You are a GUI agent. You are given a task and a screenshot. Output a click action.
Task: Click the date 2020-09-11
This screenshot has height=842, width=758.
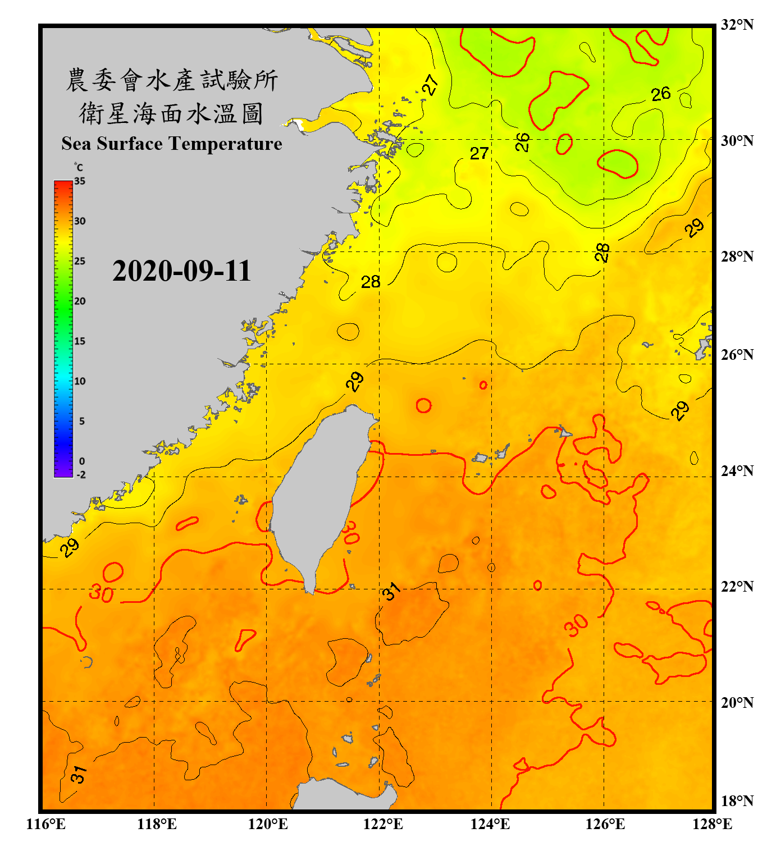(181, 271)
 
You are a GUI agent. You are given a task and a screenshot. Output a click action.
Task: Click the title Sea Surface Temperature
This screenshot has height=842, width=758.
(172, 144)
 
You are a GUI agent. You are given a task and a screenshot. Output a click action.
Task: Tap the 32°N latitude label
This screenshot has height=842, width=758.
(737, 25)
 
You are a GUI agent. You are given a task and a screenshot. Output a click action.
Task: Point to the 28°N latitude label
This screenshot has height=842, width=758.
(737, 257)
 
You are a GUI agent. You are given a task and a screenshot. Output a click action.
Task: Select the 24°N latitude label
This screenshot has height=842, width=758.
(737, 471)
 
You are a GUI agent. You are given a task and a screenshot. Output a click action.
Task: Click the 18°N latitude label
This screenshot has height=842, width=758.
(737, 801)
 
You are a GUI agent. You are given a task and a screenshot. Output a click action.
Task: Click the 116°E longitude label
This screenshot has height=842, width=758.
(45, 824)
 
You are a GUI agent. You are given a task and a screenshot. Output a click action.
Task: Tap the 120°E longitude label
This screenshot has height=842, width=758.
(268, 824)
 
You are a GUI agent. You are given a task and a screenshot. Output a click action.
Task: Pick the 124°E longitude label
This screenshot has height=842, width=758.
(490, 824)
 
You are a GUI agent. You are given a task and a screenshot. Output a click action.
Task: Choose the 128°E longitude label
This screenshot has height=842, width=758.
(712, 824)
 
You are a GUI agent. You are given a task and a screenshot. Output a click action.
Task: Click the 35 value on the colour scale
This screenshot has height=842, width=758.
(80, 181)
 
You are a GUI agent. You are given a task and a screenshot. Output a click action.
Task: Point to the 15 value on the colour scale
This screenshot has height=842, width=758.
(80, 341)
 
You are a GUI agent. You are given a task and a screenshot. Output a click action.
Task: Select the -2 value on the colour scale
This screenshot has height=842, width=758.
(81, 475)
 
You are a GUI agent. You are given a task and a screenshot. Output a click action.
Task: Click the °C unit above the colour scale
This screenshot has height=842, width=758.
(79, 167)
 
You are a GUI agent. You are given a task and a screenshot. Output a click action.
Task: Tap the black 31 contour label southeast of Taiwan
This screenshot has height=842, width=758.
(391, 591)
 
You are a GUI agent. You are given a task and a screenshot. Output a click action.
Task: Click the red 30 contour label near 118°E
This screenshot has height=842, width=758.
(102, 593)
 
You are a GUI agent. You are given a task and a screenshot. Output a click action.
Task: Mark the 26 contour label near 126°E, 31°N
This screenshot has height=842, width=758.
(661, 94)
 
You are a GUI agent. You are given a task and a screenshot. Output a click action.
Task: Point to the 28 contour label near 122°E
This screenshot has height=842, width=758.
(371, 282)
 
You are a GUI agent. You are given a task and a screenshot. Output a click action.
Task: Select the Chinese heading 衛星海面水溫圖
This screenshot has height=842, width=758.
(171, 113)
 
